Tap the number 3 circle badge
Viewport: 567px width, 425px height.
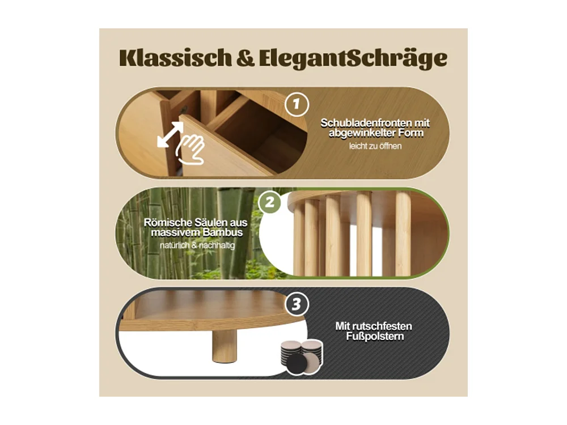296,304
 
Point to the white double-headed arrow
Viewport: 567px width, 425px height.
170,135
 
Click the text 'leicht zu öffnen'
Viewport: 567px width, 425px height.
375,147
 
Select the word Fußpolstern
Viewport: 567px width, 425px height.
373,337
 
